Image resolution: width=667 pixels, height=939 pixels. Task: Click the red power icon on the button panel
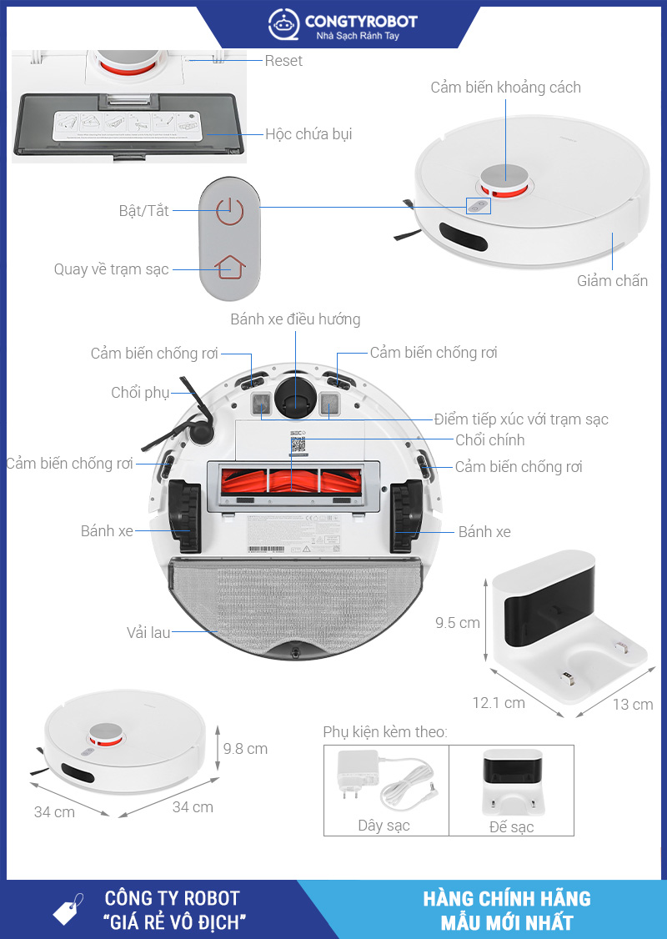tap(223, 210)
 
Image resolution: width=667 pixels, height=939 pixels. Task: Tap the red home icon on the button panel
tap(230, 267)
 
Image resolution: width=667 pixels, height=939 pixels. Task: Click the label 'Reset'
tap(283, 61)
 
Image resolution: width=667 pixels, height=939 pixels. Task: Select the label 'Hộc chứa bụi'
tap(308, 133)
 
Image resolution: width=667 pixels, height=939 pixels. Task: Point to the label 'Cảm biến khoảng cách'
tap(505, 88)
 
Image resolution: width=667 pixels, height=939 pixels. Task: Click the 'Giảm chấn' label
tap(612, 281)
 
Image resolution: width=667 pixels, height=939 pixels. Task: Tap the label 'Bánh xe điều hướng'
tap(295, 319)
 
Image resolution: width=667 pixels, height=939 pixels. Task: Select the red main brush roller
tap(295, 484)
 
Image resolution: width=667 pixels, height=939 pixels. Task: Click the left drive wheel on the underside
tap(184, 517)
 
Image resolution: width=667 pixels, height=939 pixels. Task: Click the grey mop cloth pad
tap(295, 600)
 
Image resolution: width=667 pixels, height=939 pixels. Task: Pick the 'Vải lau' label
tap(148, 633)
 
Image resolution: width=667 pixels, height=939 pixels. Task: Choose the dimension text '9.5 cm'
tap(458, 623)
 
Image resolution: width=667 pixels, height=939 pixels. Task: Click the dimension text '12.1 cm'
tap(499, 703)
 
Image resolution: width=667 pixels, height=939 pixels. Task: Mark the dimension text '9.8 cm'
tap(245, 749)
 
